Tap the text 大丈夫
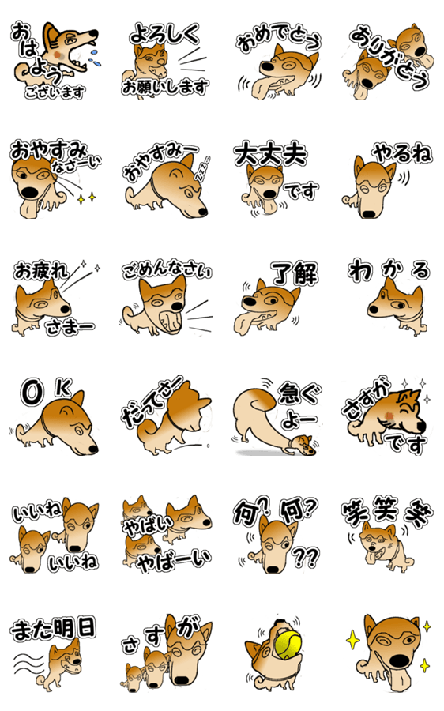click(x=271, y=155)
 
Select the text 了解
click(x=295, y=273)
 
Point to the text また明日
click(x=54, y=629)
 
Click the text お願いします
click(x=165, y=86)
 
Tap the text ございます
click(x=55, y=92)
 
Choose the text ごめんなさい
click(x=167, y=270)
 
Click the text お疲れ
click(x=41, y=271)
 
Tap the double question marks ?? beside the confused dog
click(x=306, y=557)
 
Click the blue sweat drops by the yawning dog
click(x=94, y=58)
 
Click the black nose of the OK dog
click(x=92, y=449)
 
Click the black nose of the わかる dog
click(x=373, y=310)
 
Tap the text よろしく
click(x=164, y=34)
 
